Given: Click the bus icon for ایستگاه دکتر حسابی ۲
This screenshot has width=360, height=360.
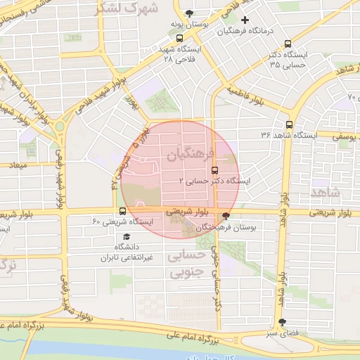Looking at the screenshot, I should tap(214, 169).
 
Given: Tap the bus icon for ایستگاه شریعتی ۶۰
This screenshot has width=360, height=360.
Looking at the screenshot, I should tap(123, 211).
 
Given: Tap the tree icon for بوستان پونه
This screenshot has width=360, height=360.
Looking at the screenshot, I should tap(188, 13).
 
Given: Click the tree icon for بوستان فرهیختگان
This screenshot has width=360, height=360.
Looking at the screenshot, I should tap(226, 216).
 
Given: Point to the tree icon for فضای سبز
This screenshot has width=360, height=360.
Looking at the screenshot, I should tap(282, 321).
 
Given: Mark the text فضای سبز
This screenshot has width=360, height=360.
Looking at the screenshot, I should tap(281, 333).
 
